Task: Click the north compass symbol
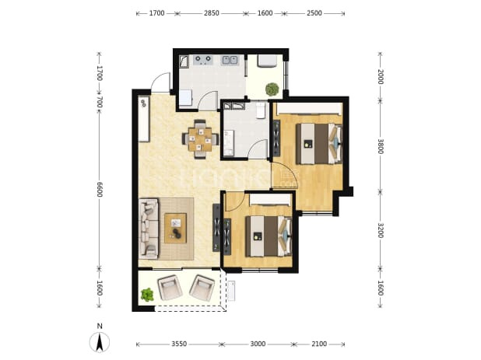pos(100,342)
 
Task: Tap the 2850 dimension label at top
pos(212,13)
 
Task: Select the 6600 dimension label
pos(99,190)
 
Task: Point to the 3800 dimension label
pos(380,147)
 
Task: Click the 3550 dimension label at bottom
pos(179,344)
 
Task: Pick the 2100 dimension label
pos(319,344)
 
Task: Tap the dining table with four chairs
pos(200,139)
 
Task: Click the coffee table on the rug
pos(175,229)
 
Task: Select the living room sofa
pos(149,229)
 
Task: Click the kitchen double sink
pos(230,60)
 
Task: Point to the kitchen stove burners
pos(203,60)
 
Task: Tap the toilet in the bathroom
pos(261,110)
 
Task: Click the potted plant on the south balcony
pos(147,295)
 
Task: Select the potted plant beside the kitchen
pos(272,89)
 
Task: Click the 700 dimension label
pos(99,102)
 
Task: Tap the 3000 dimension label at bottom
pos(258,344)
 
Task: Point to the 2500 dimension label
pos(314,13)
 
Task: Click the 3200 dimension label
pos(380,230)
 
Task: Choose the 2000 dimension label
pos(380,77)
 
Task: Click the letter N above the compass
pos(100,327)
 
